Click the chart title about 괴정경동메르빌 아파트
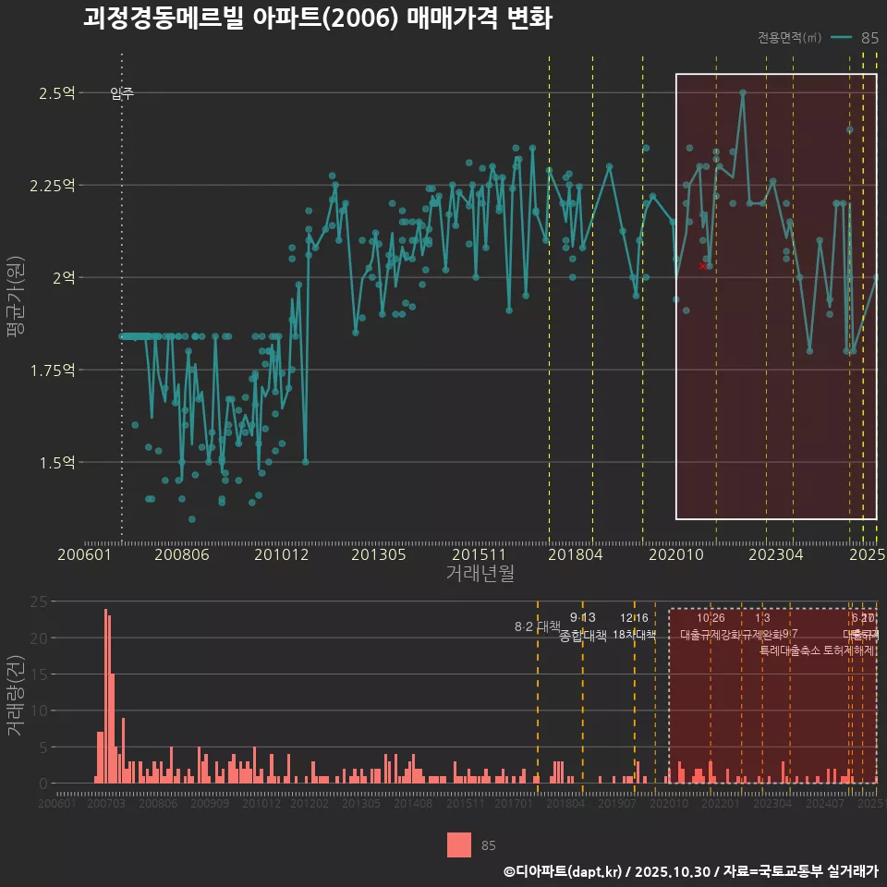tap(317, 19)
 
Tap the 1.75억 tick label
tap(54, 370)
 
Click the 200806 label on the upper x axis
tap(181, 554)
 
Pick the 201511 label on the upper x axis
tap(478, 554)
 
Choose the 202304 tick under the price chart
tap(774, 554)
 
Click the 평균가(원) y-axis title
tap(15, 314)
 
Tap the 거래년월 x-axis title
tap(480, 574)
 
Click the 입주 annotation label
tap(122, 92)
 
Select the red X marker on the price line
tap(702, 266)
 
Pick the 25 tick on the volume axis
tap(39, 601)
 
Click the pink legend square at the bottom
tap(459, 844)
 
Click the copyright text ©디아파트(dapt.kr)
tap(564, 871)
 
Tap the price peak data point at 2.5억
tap(743, 92)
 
